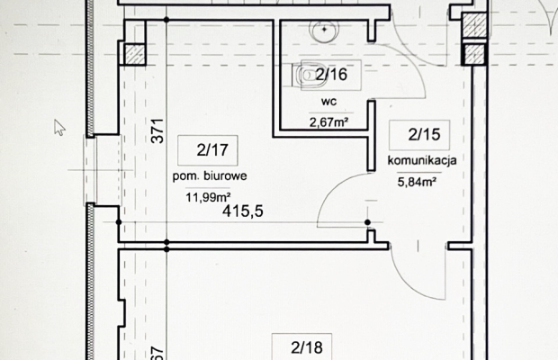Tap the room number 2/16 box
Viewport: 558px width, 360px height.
coord(331,76)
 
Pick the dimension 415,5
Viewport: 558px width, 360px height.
coord(242,213)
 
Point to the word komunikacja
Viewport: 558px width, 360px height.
coord(423,160)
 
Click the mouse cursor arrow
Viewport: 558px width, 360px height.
coord(59,126)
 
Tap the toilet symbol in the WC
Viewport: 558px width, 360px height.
coord(307,76)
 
